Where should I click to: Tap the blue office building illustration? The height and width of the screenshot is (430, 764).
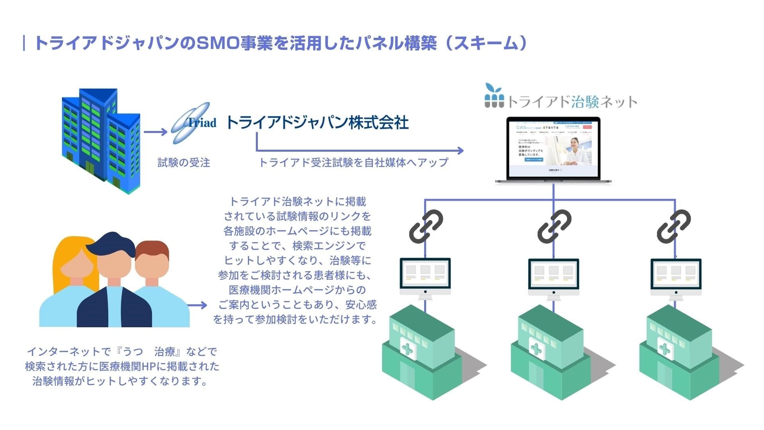click(101, 139)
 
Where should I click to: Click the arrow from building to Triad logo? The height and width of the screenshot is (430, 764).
click(156, 132)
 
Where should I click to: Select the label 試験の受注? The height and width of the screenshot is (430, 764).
click(184, 162)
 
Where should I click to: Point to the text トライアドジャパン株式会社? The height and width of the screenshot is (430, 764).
click(317, 123)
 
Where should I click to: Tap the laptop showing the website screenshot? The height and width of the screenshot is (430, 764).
click(553, 150)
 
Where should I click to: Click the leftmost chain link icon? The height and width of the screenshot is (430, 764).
click(426, 226)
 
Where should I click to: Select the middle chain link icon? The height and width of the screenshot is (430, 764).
click(554, 226)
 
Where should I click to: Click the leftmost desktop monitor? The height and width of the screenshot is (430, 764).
click(425, 277)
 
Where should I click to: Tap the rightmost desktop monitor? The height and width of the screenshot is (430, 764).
click(676, 277)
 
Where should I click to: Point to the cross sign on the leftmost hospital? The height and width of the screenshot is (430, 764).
click(408, 349)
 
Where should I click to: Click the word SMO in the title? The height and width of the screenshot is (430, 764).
click(218, 43)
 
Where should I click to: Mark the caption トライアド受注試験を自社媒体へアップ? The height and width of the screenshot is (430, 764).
click(353, 162)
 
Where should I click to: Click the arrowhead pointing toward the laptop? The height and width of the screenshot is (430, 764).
click(460, 150)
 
